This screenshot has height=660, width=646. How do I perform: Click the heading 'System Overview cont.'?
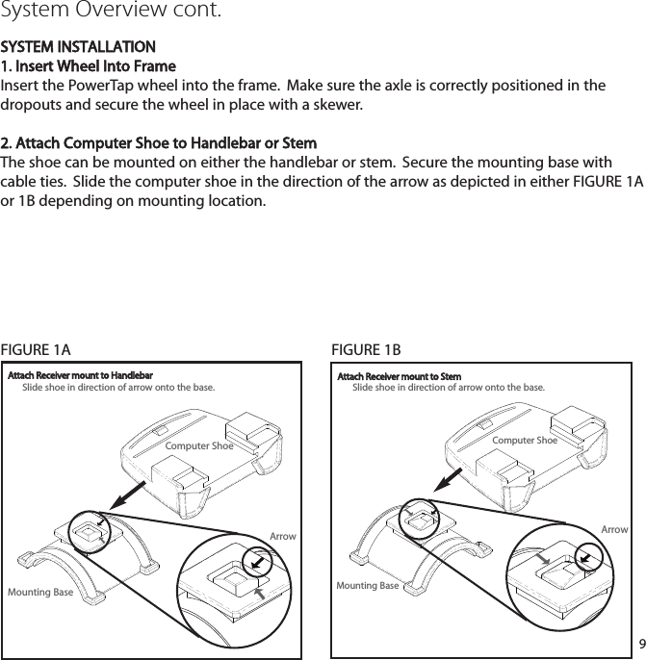click(112, 13)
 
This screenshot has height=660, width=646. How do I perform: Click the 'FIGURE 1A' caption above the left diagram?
click(36, 348)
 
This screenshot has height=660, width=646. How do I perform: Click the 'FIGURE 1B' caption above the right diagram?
click(366, 348)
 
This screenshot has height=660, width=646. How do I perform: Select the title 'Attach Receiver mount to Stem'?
click(399, 376)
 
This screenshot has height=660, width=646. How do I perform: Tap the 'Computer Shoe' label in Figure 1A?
click(199, 446)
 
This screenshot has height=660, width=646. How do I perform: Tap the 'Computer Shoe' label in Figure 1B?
click(525, 440)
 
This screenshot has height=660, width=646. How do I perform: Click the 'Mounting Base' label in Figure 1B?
click(368, 586)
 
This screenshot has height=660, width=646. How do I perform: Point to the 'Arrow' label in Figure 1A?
click(283, 536)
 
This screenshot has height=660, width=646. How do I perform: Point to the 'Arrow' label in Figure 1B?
click(614, 530)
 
